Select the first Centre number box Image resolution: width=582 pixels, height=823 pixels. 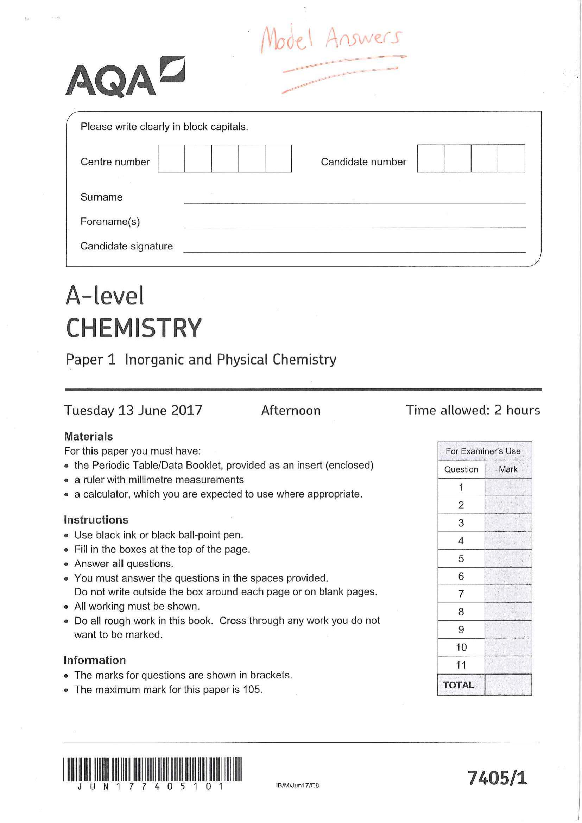coord(171,158)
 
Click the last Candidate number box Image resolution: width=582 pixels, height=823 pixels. coord(511,158)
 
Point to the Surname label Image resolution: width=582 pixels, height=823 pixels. coord(101,197)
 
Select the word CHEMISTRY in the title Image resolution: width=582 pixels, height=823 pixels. coord(134,328)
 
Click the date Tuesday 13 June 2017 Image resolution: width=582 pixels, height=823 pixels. coord(133,410)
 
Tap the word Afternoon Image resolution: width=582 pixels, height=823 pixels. coord(291,410)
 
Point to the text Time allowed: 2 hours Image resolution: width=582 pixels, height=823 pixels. coord(472,410)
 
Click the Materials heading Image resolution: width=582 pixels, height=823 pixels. coord(88,436)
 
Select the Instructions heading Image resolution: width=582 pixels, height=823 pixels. coord(96,520)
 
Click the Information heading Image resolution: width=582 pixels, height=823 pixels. coord(95,660)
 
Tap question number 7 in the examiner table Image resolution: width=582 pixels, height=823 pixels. coord(461,594)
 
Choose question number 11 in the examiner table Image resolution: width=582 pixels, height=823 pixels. coord(461,665)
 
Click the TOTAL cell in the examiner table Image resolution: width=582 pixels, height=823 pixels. coord(458,685)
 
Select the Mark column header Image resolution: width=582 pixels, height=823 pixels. coord(508,469)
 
